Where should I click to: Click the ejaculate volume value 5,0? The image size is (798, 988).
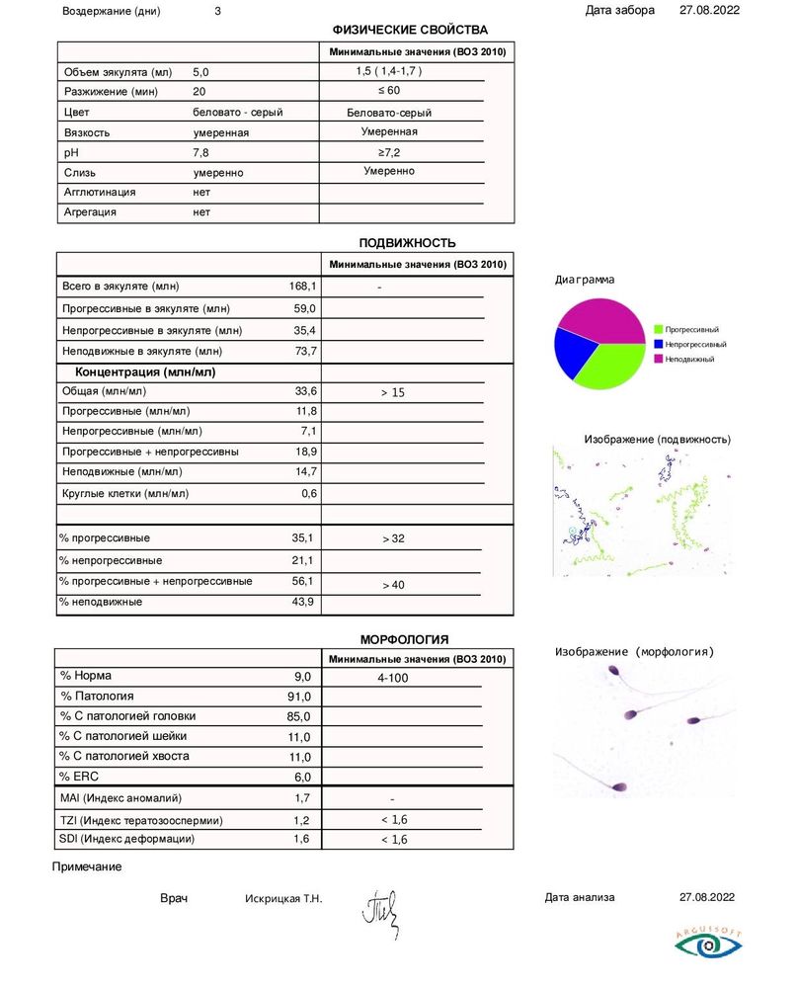(201, 72)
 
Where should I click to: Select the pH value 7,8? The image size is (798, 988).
(201, 152)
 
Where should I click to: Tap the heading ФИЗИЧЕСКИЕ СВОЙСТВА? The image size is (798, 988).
(410, 31)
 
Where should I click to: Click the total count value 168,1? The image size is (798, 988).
(302, 287)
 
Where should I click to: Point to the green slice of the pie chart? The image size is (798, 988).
(612, 364)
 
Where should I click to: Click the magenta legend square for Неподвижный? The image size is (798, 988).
(659, 359)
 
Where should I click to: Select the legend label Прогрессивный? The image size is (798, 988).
(691, 328)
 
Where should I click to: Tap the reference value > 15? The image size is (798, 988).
(393, 393)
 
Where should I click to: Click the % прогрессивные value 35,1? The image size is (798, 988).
(302, 538)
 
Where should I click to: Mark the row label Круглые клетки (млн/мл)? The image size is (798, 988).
(125, 493)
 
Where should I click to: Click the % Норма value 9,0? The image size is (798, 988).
(302, 677)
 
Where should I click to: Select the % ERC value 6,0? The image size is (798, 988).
(302, 777)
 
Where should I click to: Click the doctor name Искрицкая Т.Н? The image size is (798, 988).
(283, 899)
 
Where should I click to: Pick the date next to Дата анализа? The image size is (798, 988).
(708, 897)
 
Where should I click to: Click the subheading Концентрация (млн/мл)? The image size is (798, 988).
(146, 372)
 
